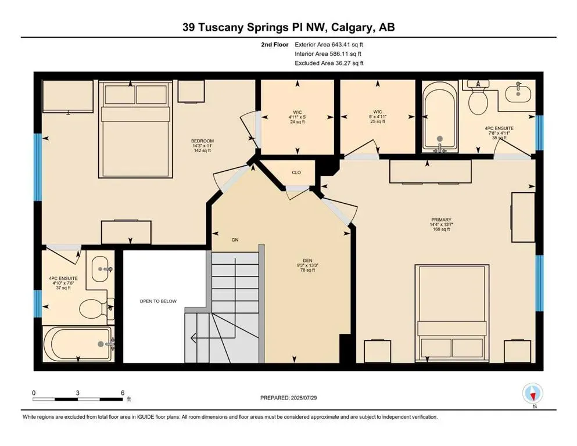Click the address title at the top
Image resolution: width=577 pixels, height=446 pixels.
tap(288, 27)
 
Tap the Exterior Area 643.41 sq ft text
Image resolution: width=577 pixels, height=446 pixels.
tap(329, 44)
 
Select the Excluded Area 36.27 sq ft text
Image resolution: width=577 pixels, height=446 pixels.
tap(329, 63)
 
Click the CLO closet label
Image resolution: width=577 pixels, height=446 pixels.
tap(296, 172)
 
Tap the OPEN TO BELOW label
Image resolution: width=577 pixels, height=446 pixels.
tap(157, 301)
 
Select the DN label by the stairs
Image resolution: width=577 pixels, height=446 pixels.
tap(235, 240)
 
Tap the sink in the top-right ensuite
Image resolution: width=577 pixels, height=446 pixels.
tap(516, 93)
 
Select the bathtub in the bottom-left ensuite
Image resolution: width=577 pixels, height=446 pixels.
tap(78, 344)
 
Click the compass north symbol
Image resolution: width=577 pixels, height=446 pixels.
tap(531, 394)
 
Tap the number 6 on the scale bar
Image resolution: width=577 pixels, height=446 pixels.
tap(122, 393)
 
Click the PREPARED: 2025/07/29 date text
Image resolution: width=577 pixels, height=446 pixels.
tap(288, 398)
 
